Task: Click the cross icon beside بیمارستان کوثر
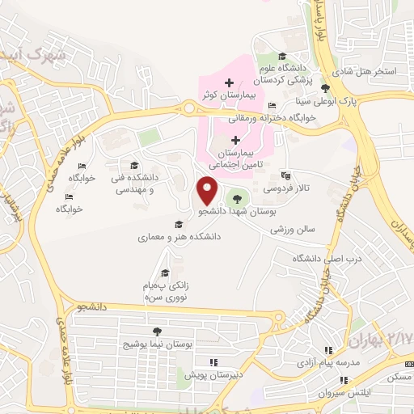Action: click(x=230, y=82)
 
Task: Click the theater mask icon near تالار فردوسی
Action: click(x=284, y=175)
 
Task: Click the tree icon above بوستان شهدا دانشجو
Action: click(x=236, y=196)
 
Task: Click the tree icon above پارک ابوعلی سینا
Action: click(x=325, y=88)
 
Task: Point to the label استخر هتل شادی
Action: click(x=366, y=72)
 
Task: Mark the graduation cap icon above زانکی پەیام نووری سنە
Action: click(x=166, y=272)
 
